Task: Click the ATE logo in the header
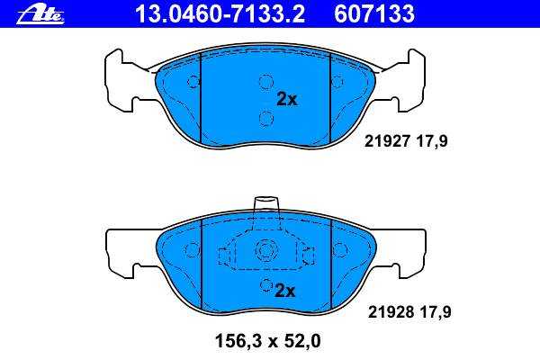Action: point(40,15)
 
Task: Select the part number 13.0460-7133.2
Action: point(220,14)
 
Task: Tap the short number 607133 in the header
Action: point(374,14)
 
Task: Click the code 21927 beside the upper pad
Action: point(387,141)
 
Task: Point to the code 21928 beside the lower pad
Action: point(391,312)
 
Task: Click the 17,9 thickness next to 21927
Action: point(432,141)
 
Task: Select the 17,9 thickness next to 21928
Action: point(436,312)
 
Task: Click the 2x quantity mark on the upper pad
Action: point(287,100)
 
